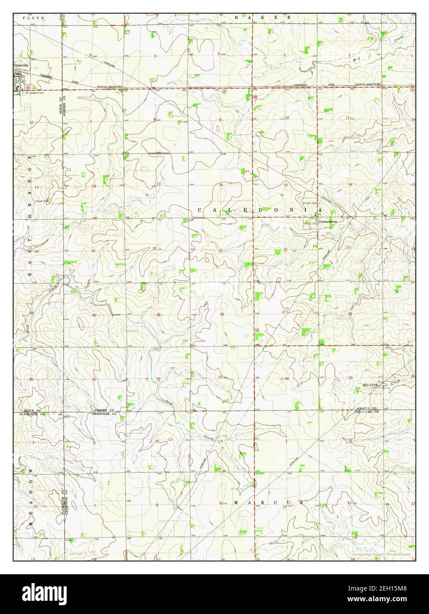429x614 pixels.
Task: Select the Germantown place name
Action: click(327, 222)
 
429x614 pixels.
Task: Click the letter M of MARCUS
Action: click(236, 503)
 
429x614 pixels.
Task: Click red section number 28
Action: click(222, 315)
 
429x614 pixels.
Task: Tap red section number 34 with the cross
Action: click(286, 379)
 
